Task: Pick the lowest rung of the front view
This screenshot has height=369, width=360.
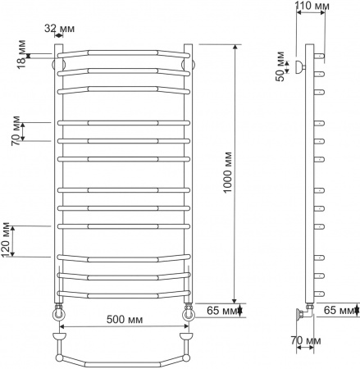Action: coord(123,292)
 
